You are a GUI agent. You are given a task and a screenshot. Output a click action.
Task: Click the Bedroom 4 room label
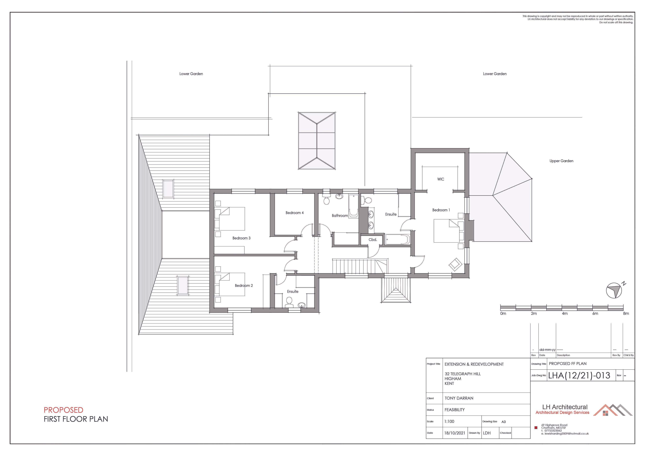294,213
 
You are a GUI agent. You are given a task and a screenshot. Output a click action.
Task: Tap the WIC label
440,179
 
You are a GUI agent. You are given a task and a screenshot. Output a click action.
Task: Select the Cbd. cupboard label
373,240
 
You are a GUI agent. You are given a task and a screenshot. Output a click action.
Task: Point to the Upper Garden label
561,161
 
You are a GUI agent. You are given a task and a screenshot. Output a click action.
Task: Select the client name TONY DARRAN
459,398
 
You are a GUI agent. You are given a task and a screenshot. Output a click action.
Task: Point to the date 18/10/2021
455,433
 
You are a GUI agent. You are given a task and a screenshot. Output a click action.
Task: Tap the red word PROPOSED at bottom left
63,410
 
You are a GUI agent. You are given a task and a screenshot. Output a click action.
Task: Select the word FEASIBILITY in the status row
455,410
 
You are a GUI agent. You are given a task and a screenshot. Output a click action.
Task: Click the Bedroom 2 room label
244,286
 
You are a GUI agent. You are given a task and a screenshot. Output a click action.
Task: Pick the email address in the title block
565,434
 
